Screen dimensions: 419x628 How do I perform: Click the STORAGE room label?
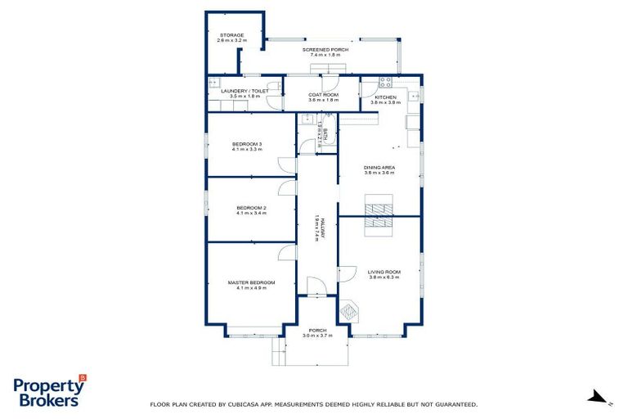tap(231, 35)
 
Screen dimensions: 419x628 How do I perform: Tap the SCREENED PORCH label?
tap(325, 50)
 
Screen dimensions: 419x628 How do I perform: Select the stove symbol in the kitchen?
tap(385, 82)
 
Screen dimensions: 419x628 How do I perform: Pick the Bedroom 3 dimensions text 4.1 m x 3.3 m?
tap(247, 150)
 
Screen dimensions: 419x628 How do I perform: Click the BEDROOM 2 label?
tap(252, 208)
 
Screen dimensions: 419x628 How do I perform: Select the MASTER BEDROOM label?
tap(252, 282)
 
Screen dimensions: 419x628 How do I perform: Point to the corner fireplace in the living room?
tap(349, 309)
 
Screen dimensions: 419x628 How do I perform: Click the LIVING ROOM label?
tap(384, 272)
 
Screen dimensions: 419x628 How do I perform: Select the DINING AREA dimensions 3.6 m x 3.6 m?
tap(379, 173)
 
